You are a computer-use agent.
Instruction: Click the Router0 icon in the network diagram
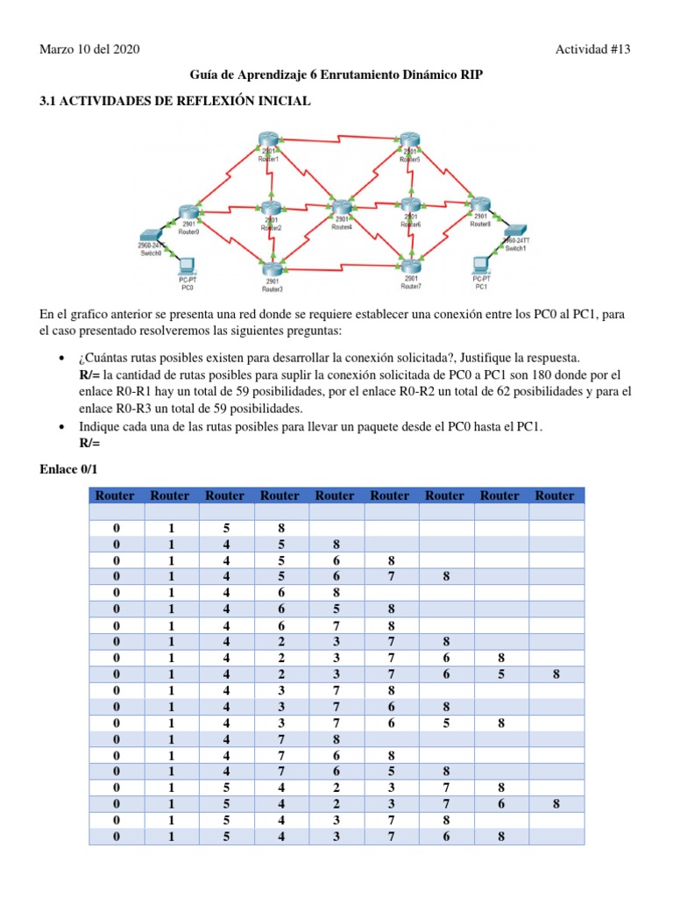pyautogui.click(x=189, y=212)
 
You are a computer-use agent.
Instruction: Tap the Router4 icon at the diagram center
pyautogui.click(x=342, y=207)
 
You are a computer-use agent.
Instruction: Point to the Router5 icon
pyautogui.click(x=409, y=140)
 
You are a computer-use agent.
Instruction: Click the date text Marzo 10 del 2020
pyautogui.click(x=89, y=49)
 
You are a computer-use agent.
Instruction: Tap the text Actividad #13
pyautogui.click(x=592, y=49)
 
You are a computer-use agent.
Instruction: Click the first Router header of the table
pyautogui.click(x=115, y=495)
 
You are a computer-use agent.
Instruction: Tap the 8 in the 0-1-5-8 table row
pyautogui.click(x=280, y=529)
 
